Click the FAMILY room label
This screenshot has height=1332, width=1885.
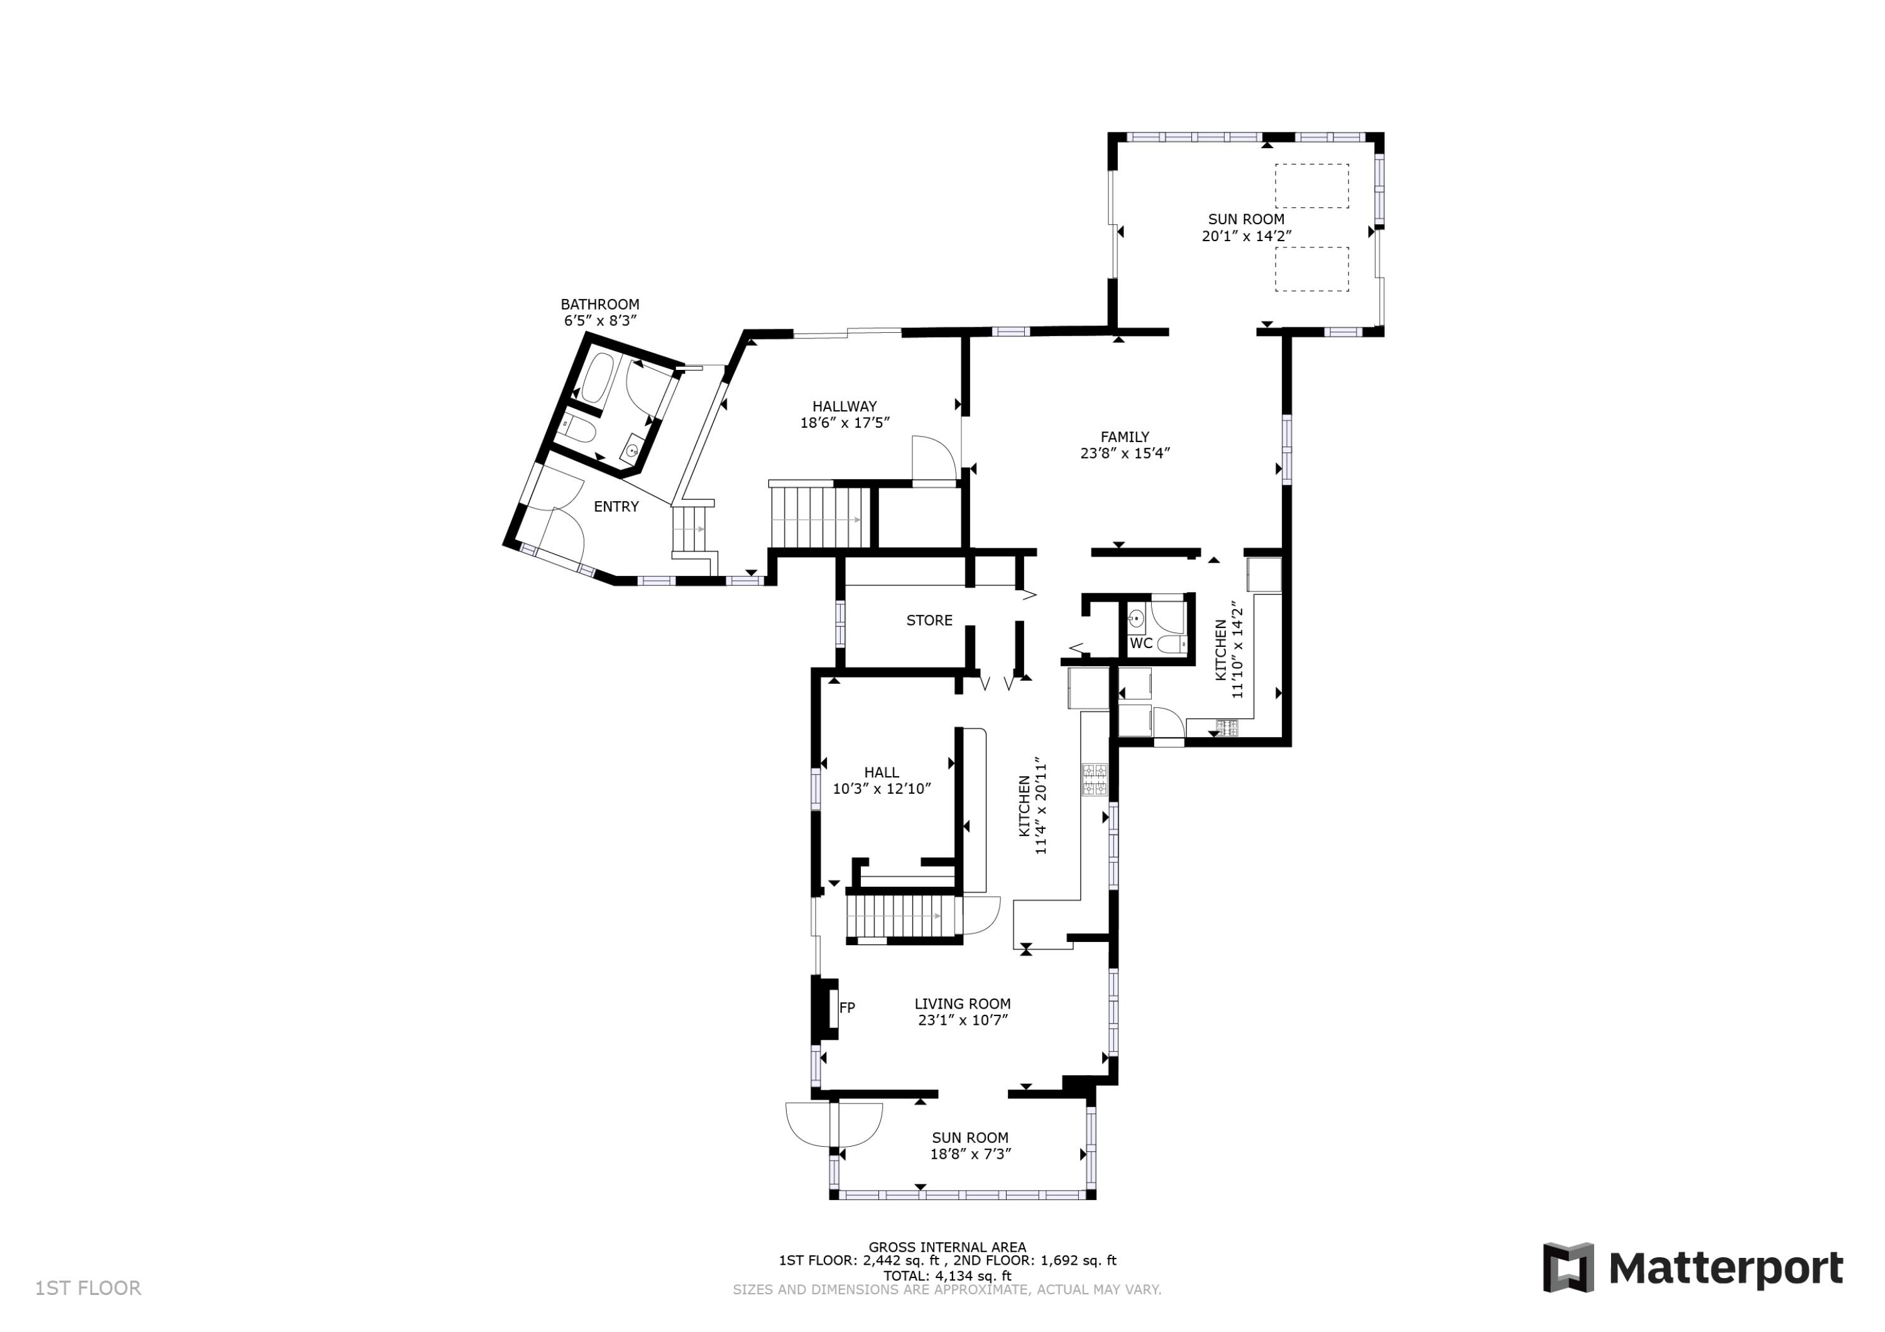[1125, 436]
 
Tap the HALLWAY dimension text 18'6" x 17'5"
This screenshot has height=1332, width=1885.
[845, 423]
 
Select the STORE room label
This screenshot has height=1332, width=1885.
[929, 620]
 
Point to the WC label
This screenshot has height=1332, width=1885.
[1141, 644]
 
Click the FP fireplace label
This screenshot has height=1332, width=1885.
[847, 1007]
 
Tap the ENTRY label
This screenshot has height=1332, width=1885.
[616, 506]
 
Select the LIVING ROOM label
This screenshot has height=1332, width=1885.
[962, 1004]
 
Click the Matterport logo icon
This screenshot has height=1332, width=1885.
[1568, 1267]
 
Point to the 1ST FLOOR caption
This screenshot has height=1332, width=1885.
[88, 1289]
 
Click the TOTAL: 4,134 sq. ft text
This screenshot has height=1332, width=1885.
[948, 1276]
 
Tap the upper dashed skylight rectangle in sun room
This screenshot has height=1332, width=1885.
[1312, 185]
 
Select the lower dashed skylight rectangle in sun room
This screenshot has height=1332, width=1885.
[1312, 269]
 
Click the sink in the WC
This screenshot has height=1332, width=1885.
[1136, 619]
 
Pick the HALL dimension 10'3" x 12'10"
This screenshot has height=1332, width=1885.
[882, 789]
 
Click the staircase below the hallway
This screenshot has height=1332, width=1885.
[819, 517]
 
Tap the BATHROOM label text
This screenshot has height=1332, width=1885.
[600, 305]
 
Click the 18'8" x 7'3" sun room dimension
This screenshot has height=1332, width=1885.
[970, 1154]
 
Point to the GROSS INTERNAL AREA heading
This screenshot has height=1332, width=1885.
[948, 1247]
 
